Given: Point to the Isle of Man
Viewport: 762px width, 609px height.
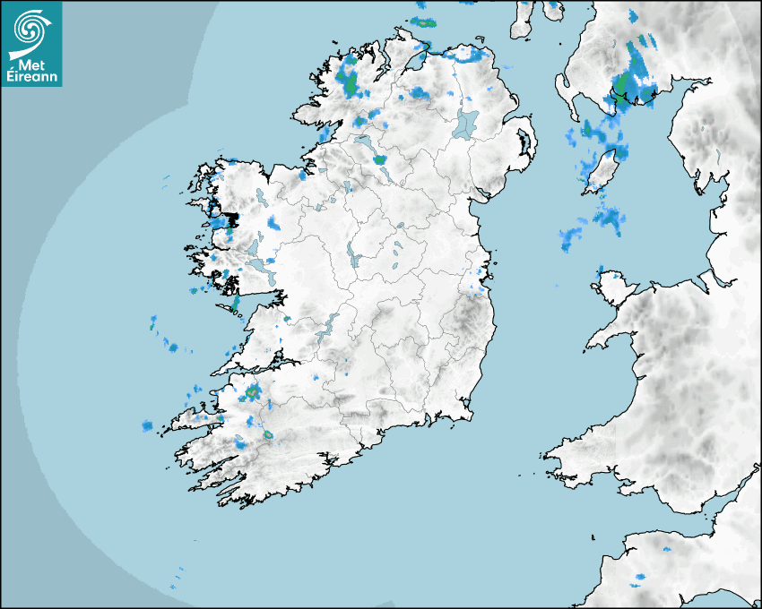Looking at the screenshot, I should coord(603,173).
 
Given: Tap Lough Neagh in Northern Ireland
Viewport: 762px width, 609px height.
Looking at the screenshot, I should coord(466,123).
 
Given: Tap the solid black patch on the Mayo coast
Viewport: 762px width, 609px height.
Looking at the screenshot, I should coord(231,219).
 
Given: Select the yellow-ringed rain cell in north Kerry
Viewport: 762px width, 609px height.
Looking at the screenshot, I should coord(253,391).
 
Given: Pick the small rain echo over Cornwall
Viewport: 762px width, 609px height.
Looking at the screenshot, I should coord(640,576).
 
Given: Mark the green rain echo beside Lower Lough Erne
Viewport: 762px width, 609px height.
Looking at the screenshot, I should coord(380,160).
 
